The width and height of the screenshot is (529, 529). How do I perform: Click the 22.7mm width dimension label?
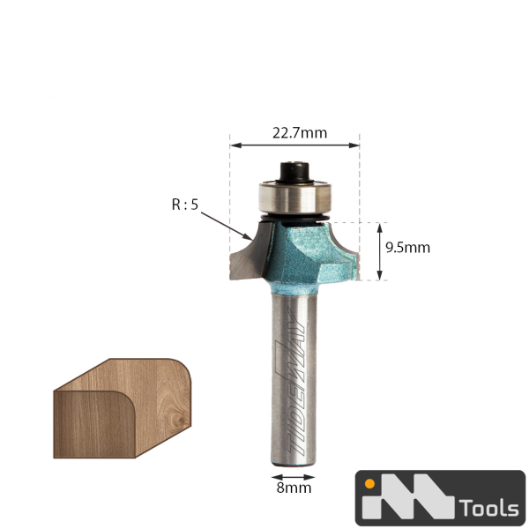coord(300,133)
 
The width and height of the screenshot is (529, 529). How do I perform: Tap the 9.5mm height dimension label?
coord(408,248)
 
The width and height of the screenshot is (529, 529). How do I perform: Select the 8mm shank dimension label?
coord(294,488)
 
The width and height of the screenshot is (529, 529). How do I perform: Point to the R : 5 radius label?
coord(185,205)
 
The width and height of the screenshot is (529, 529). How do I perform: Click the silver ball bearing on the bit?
coord(295,197)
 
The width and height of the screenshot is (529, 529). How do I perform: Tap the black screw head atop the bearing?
coord(295,173)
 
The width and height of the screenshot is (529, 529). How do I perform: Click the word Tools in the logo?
coord(489,508)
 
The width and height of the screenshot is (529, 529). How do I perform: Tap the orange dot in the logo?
coord(369,484)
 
